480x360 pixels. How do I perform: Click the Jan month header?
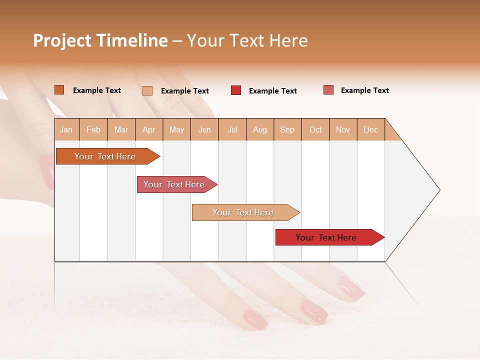point(66,129)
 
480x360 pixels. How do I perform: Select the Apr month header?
point(149,129)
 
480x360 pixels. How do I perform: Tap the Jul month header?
point(232,129)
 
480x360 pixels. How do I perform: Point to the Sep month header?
point(287,129)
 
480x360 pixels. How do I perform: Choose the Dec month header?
point(370,129)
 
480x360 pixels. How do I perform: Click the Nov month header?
point(342,129)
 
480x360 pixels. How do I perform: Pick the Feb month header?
point(93,129)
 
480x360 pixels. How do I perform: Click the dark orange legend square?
point(59,90)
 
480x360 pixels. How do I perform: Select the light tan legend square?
point(147,90)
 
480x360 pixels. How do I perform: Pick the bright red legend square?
point(235,90)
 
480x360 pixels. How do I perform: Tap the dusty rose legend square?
point(328,90)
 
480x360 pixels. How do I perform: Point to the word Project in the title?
point(61,40)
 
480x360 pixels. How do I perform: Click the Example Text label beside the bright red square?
point(272,91)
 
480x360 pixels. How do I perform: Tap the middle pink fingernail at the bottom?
point(314,310)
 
